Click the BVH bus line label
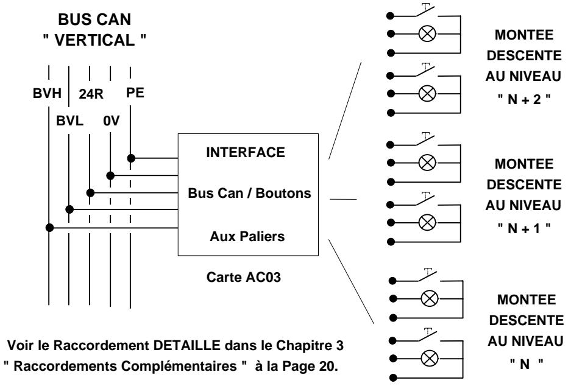tap(47, 94)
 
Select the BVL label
tap(69, 121)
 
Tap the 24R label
tap(91, 94)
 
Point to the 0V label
tap(111, 121)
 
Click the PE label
tap(135, 93)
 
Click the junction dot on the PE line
tap(131, 158)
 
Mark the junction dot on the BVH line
tap(49, 228)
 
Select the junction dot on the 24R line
tap(90, 192)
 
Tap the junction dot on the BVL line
tap(69, 209)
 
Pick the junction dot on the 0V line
tap(110, 176)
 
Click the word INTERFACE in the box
tap(246, 152)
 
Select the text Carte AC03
tap(244, 277)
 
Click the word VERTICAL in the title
tap(94, 40)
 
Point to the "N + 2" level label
tap(524, 99)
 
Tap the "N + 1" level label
tap(524, 228)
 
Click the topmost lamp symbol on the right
tap(427, 34)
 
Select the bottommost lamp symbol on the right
tap(430, 359)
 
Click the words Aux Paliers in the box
tap(247, 236)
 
